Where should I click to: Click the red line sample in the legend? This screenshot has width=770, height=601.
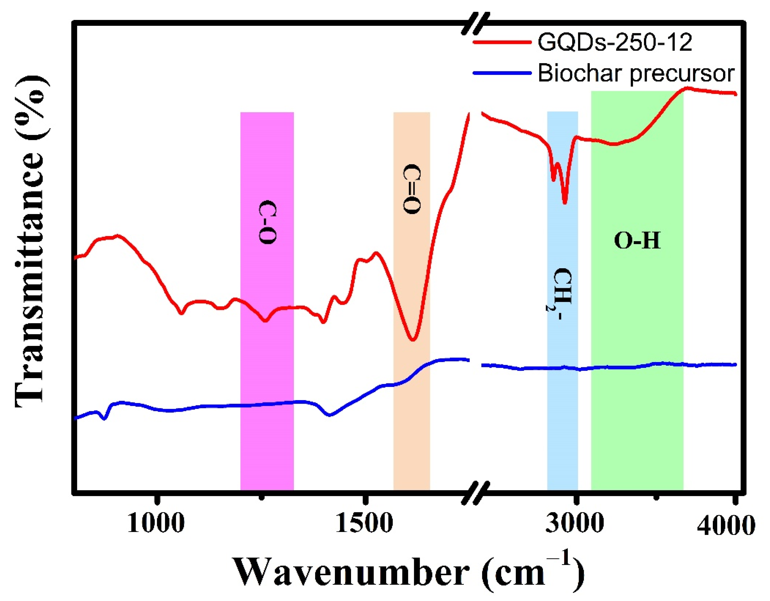click(x=502, y=42)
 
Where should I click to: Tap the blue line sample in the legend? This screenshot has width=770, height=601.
click(x=502, y=73)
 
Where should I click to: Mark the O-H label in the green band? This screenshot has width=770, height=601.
click(x=637, y=241)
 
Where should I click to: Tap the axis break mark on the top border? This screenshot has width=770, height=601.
click(x=476, y=23)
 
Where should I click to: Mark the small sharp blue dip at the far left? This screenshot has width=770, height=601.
click(x=104, y=419)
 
